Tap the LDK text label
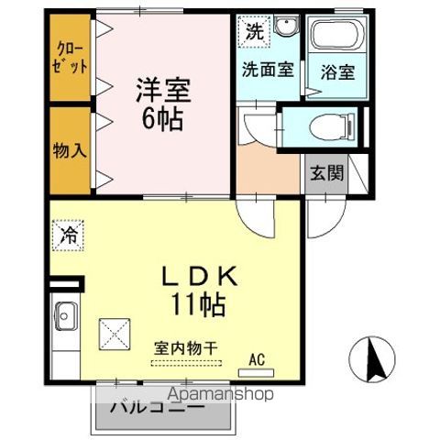(x=203, y=275)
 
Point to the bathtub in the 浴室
(x=337, y=38)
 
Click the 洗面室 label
(x=267, y=69)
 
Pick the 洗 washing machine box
(x=254, y=30)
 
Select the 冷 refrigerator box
(x=70, y=235)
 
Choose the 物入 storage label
(x=70, y=148)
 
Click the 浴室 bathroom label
(x=336, y=70)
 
